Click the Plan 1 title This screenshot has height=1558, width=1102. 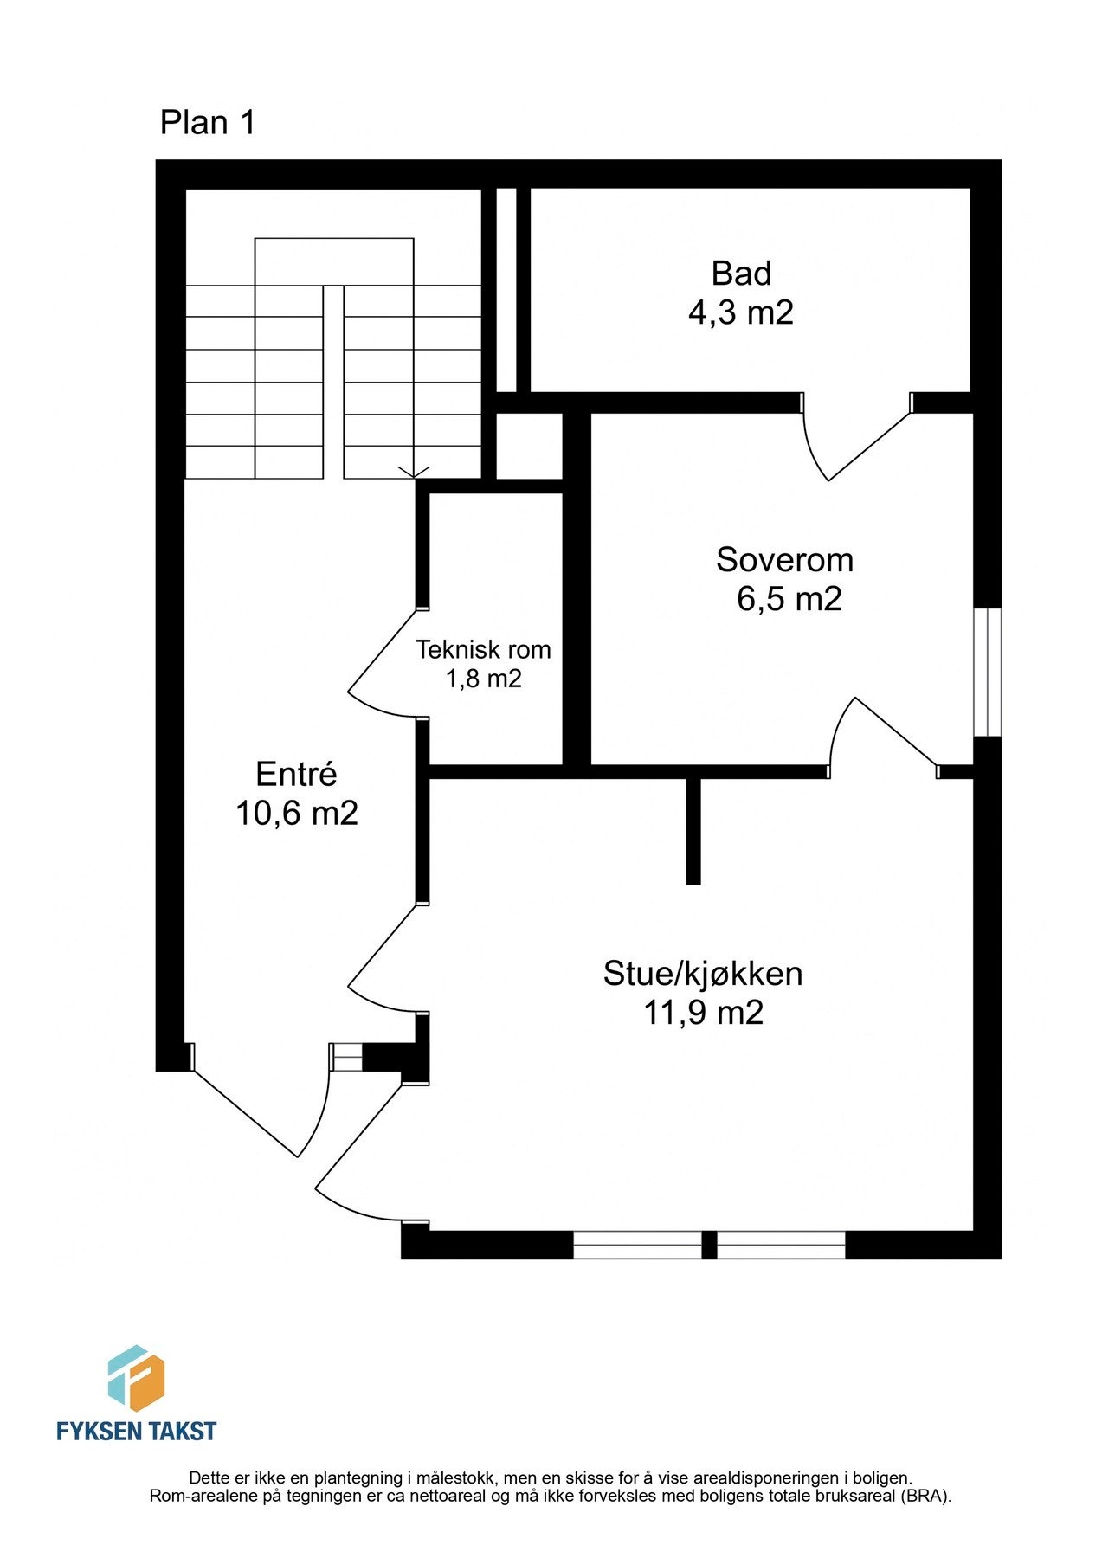coord(208,123)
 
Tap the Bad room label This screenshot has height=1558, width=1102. coord(741,274)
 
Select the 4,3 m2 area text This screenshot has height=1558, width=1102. coord(740,312)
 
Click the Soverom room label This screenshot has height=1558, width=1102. coord(784,560)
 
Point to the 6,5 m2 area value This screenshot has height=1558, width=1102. coord(789,599)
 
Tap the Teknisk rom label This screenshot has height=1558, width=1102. coord(483,649)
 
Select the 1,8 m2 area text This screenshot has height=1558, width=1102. coord(483,679)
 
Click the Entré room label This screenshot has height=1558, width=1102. coord(296,774)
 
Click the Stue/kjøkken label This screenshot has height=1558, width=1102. coord(703,974)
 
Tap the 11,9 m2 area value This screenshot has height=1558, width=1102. coord(703,1013)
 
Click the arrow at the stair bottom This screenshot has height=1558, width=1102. coord(414,470)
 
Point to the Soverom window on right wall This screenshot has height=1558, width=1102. coord(987,673)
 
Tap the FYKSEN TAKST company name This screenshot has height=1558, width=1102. coord(136,1431)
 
